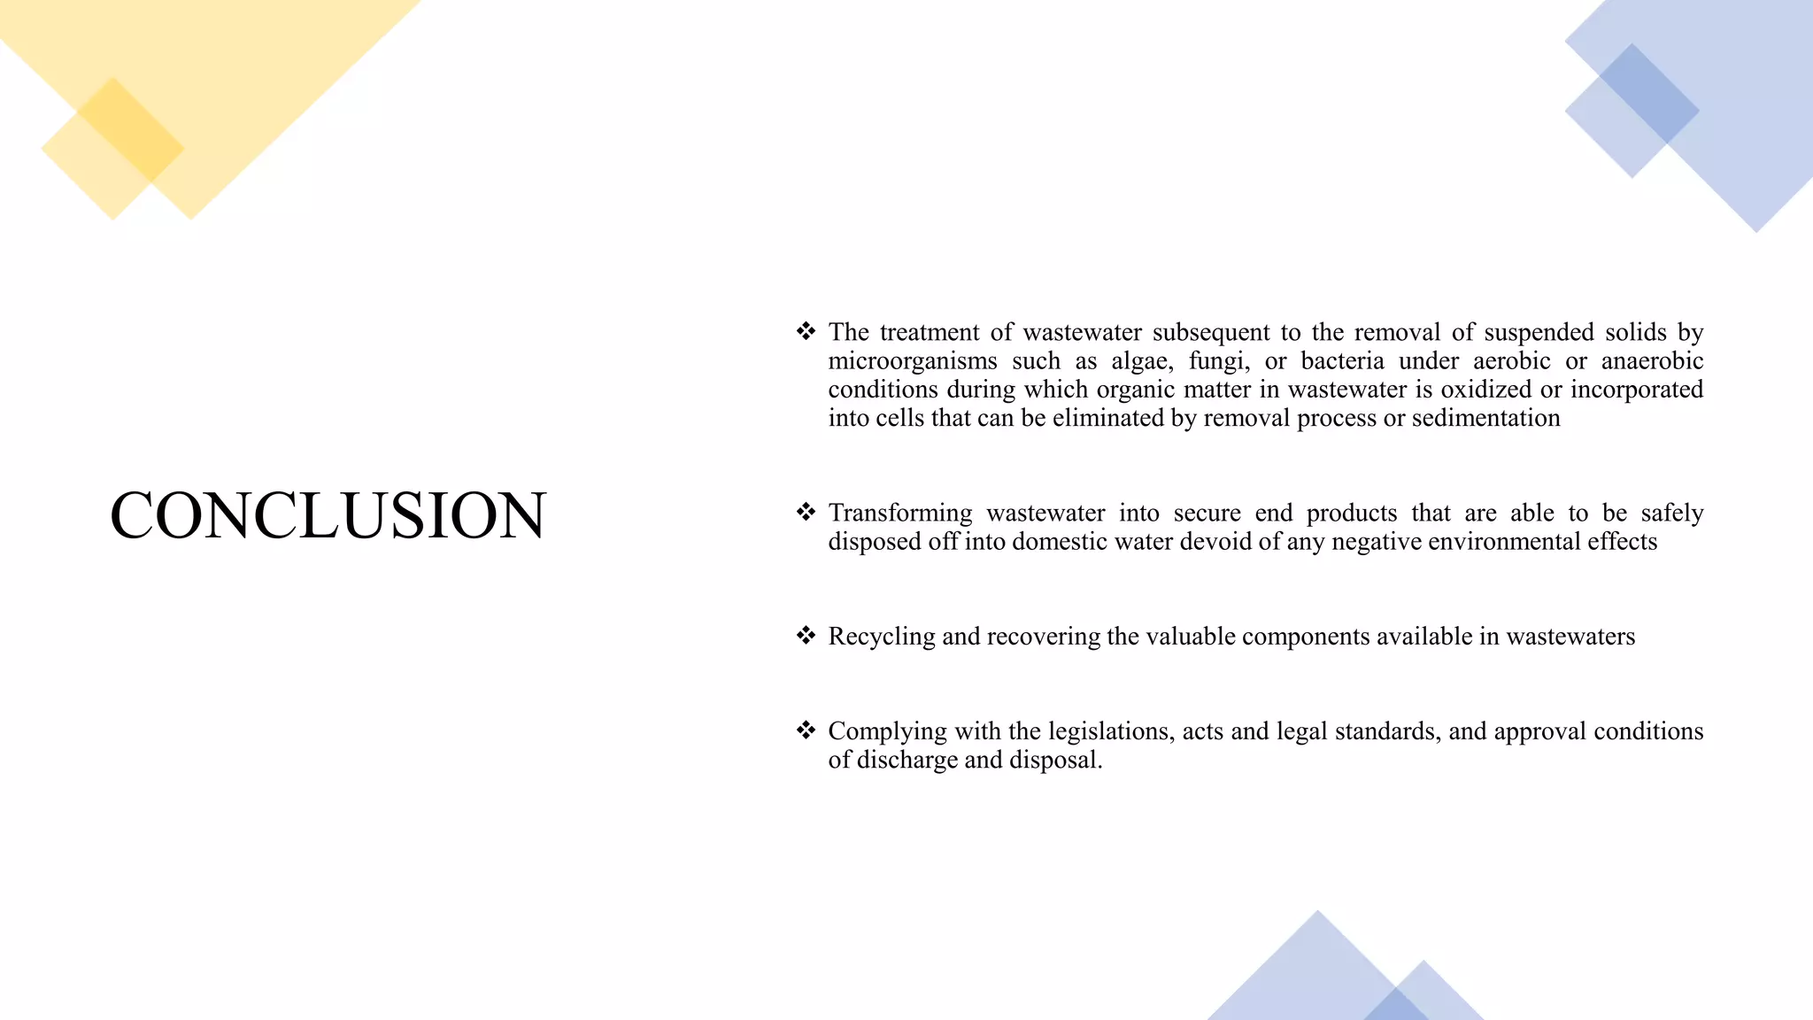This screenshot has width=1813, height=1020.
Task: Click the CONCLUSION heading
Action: coord(328,515)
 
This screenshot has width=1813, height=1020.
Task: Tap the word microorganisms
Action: coord(913,361)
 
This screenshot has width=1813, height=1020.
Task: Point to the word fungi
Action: coord(1218,361)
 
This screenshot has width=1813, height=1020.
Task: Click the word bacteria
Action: coord(1342,361)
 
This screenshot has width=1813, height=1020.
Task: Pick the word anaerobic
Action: coord(1652,361)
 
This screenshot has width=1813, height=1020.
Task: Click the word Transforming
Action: coord(899,514)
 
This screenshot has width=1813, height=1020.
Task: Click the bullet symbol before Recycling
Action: coord(806,636)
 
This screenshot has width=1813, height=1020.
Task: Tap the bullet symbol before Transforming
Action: coord(806,513)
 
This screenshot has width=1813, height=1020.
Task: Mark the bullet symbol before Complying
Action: coord(806,730)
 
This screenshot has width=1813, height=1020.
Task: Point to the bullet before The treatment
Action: coord(806,332)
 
